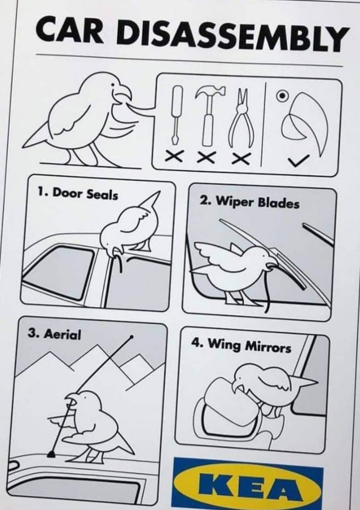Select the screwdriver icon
click(177, 115)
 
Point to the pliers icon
click(241, 118)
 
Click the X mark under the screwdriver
click(173, 156)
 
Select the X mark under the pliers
click(241, 159)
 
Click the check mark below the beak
click(298, 160)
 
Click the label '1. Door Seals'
click(77, 194)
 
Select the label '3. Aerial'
click(54, 334)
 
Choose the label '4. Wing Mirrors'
click(241, 345)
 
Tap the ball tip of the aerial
click(131, 337)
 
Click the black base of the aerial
click(52, 454)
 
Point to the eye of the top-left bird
click(113, 85)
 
